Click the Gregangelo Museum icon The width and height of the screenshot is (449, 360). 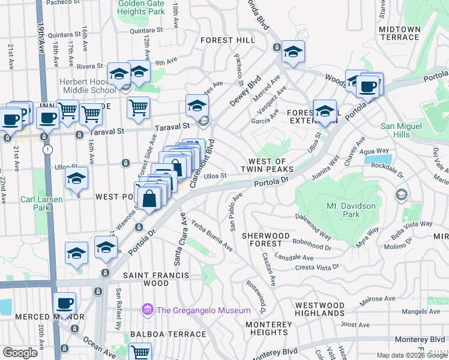point(147,310)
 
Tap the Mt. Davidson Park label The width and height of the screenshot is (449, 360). point(335,209)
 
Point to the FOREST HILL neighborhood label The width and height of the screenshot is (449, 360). point(228,40)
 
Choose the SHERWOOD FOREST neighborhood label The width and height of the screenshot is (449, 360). point(262,239)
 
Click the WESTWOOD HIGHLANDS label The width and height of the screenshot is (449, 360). point(320,309)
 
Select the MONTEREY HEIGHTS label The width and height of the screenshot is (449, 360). point(268,328)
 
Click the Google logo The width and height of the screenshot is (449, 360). point(20,353)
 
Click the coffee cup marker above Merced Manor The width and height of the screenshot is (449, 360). point(64,302)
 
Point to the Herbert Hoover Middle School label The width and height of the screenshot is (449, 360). point(86,86)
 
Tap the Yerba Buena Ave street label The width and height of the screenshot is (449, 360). point(212,235)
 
